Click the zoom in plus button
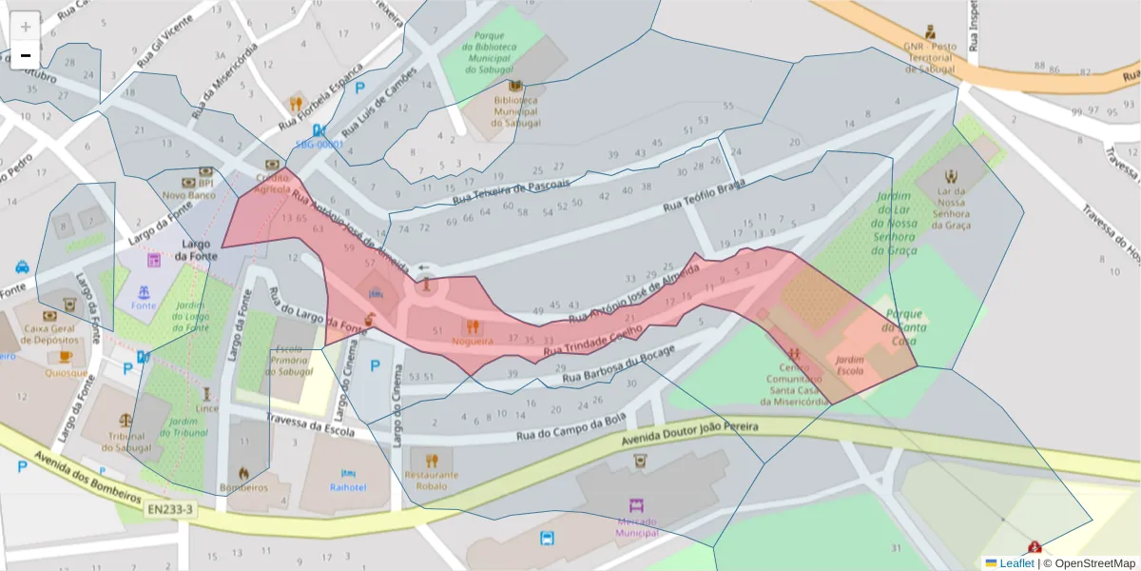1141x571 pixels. [26, 26]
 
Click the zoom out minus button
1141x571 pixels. [26, 55]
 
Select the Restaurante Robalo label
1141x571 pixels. [431, 480]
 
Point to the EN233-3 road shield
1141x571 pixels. [171, 510]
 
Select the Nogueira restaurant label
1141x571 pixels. [473, 340]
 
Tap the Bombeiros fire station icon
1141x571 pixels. [243, 472]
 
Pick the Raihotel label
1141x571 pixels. [348, 486]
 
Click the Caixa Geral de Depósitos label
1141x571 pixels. [49, 333]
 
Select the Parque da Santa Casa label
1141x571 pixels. [904, 326]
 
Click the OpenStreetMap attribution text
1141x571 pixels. [1095, 563]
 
